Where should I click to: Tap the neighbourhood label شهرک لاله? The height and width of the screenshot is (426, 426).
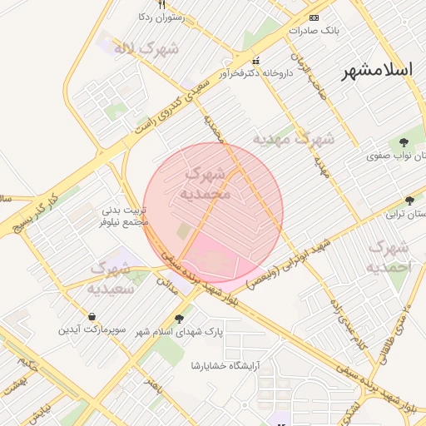[147, 48]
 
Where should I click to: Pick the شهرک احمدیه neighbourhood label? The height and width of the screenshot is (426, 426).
[388, 258]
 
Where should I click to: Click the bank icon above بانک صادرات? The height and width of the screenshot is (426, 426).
[314, 17]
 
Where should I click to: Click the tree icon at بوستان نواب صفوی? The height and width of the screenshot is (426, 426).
[404, 142]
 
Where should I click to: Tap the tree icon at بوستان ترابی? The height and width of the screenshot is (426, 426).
[409, 201]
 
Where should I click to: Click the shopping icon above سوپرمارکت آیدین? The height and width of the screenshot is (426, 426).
[91, 317]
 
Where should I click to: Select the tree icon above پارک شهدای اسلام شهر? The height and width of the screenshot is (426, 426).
[179, 319]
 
